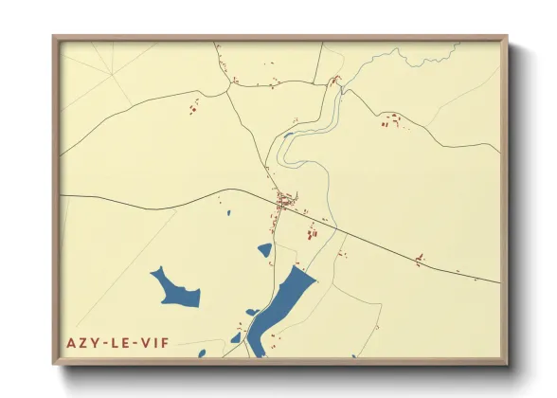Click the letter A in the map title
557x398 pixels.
tap(71, 342)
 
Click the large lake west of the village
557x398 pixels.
tap(176, 289)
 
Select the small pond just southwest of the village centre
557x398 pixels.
tap(265, 250)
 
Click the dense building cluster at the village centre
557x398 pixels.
tap(285, 200)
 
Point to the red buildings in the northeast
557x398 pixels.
tap(391, 120)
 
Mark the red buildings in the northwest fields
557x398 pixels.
tap(195, 108)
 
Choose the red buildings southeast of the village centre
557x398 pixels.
tap(312, 230)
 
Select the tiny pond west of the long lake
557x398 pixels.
tap(253, 312)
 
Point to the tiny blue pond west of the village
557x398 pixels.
tap(228, 211)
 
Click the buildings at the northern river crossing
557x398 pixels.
tap(333, 81)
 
